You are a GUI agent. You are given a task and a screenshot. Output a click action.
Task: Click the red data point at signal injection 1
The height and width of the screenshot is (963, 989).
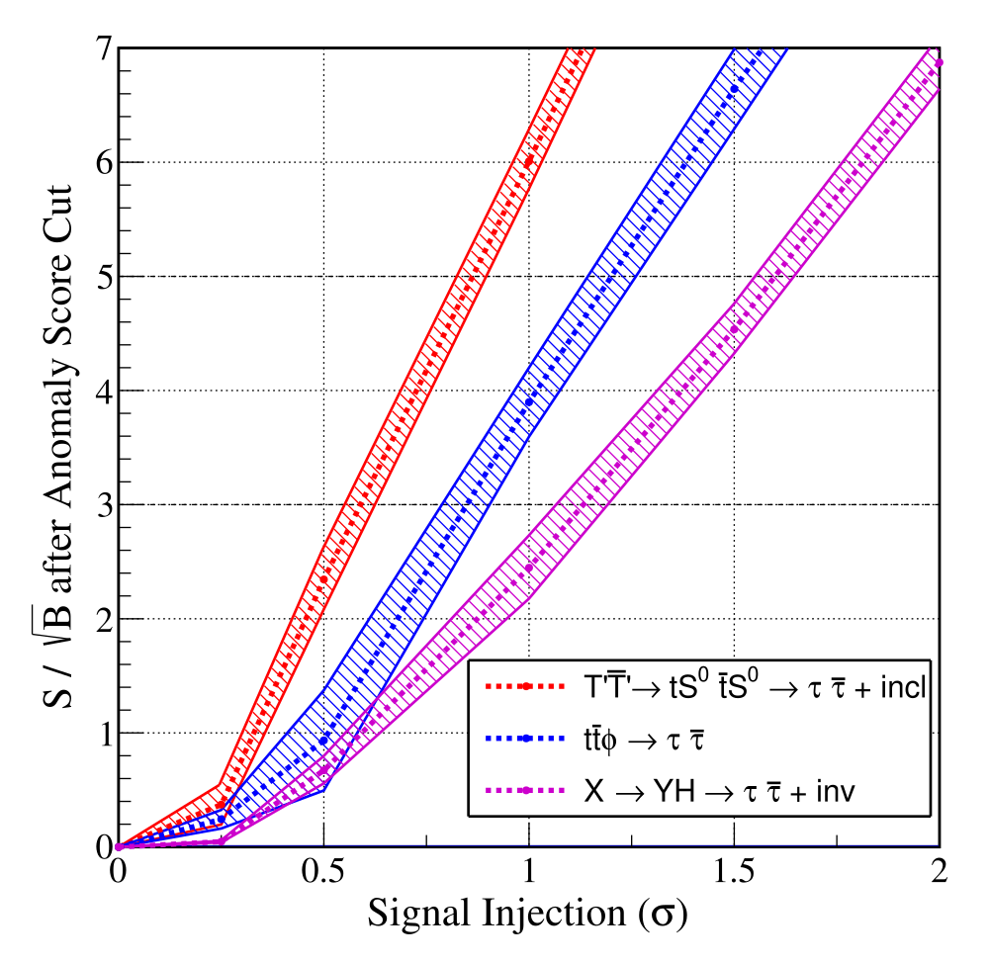(x=528, y=161)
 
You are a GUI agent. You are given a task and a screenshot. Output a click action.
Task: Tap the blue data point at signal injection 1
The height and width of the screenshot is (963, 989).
(x=529, y=402)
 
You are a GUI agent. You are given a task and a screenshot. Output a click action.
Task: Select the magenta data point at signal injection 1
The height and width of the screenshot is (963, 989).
(x=529, y=568)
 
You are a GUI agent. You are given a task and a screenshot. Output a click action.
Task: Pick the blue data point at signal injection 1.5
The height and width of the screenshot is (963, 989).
(x=734, y=89)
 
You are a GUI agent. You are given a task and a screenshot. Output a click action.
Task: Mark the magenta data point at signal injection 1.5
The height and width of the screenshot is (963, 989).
(x=734, y=329)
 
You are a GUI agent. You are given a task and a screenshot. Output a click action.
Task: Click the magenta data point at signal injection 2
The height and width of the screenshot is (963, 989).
(x=939, y=62)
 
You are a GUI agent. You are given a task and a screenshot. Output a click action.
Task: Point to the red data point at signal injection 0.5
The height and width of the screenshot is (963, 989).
(x=323, y=579)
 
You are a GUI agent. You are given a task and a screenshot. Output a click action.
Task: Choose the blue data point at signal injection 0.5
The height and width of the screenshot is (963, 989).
(x=323, y=741)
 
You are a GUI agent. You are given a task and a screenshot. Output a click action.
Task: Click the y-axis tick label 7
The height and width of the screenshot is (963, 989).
(x=104, y=47)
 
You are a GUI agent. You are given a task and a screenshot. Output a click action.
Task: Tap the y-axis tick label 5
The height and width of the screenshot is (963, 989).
(x=104, y=277)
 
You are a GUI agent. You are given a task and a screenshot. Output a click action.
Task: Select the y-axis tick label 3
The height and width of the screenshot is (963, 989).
(x=104, y=505)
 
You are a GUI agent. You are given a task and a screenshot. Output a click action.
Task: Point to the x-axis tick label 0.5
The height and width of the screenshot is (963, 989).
(x=322, y=871)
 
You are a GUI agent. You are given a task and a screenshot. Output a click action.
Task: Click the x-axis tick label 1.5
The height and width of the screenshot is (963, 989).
(x=734, y=871)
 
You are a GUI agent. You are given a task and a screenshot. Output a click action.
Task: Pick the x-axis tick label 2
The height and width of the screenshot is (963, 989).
(x=940, y=871)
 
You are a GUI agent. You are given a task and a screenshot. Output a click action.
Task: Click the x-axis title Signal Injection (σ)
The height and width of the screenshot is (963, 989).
(x=527, y=914)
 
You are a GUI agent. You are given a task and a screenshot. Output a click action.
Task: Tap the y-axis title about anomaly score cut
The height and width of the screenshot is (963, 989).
(x=57, y=446)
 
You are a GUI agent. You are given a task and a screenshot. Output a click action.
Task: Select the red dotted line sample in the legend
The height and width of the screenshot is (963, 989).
(x=525, y=686)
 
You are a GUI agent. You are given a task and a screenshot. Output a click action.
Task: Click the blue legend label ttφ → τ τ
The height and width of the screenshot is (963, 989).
(x=644, y=740)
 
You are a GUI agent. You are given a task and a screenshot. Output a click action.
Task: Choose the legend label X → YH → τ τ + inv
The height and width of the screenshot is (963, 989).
(x=720, y=790)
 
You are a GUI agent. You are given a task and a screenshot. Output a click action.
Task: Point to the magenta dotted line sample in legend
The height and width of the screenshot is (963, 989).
(x=525, y=790)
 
